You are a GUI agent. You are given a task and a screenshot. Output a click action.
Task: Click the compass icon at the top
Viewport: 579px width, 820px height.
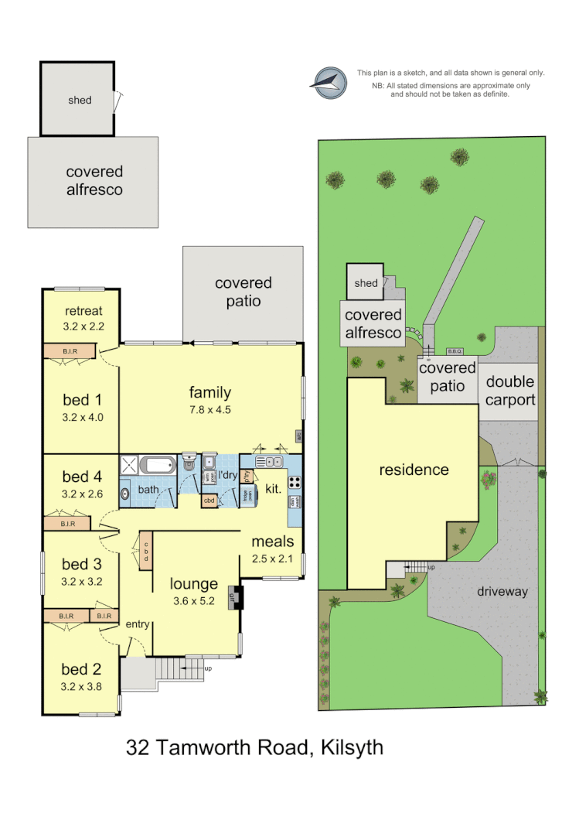(327, 81)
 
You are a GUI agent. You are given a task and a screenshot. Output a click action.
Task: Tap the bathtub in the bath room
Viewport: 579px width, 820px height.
(158, 465)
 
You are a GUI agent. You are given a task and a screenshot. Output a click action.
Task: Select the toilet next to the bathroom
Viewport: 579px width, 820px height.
(189, 464)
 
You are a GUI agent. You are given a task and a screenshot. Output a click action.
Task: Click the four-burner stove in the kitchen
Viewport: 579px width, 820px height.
(295, 481)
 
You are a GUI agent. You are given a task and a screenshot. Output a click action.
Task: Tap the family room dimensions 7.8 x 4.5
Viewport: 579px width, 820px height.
(210, 410)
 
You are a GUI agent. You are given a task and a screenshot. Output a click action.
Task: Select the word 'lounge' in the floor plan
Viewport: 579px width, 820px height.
(194, 583)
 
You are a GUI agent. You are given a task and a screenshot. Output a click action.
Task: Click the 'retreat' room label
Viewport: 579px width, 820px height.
(83, 311)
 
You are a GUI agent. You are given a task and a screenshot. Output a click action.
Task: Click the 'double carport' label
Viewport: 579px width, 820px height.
(510, 391)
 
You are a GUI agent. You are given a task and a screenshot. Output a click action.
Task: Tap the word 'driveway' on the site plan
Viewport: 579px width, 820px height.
(502, 592)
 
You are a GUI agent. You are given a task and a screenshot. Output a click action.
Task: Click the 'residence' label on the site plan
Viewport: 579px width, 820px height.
(414, 470)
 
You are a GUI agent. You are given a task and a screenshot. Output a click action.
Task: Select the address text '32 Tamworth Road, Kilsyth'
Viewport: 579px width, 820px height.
(254, 748)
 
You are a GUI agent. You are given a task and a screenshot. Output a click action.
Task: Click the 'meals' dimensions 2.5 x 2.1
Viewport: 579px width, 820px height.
(272, 558)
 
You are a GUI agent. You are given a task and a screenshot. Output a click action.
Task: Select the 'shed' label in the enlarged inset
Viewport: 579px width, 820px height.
(80, 100)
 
